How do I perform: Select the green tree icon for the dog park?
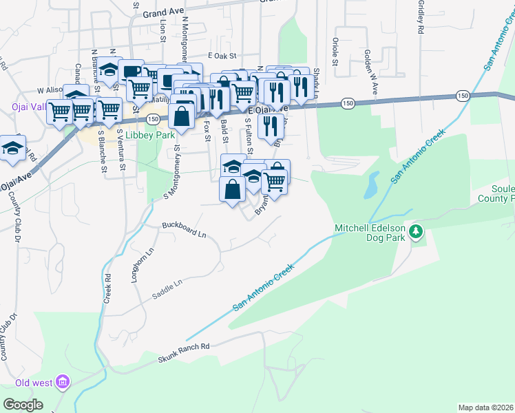click(415, 232)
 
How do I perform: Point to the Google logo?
click(23, 405)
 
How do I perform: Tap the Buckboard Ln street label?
click(184, 229)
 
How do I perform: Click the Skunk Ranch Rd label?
click(183, 352)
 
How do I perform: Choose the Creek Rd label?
click(107, 288)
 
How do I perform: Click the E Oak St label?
click(222, 56)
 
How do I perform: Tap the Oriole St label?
click(336, 52)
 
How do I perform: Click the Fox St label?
click(207, 131)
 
